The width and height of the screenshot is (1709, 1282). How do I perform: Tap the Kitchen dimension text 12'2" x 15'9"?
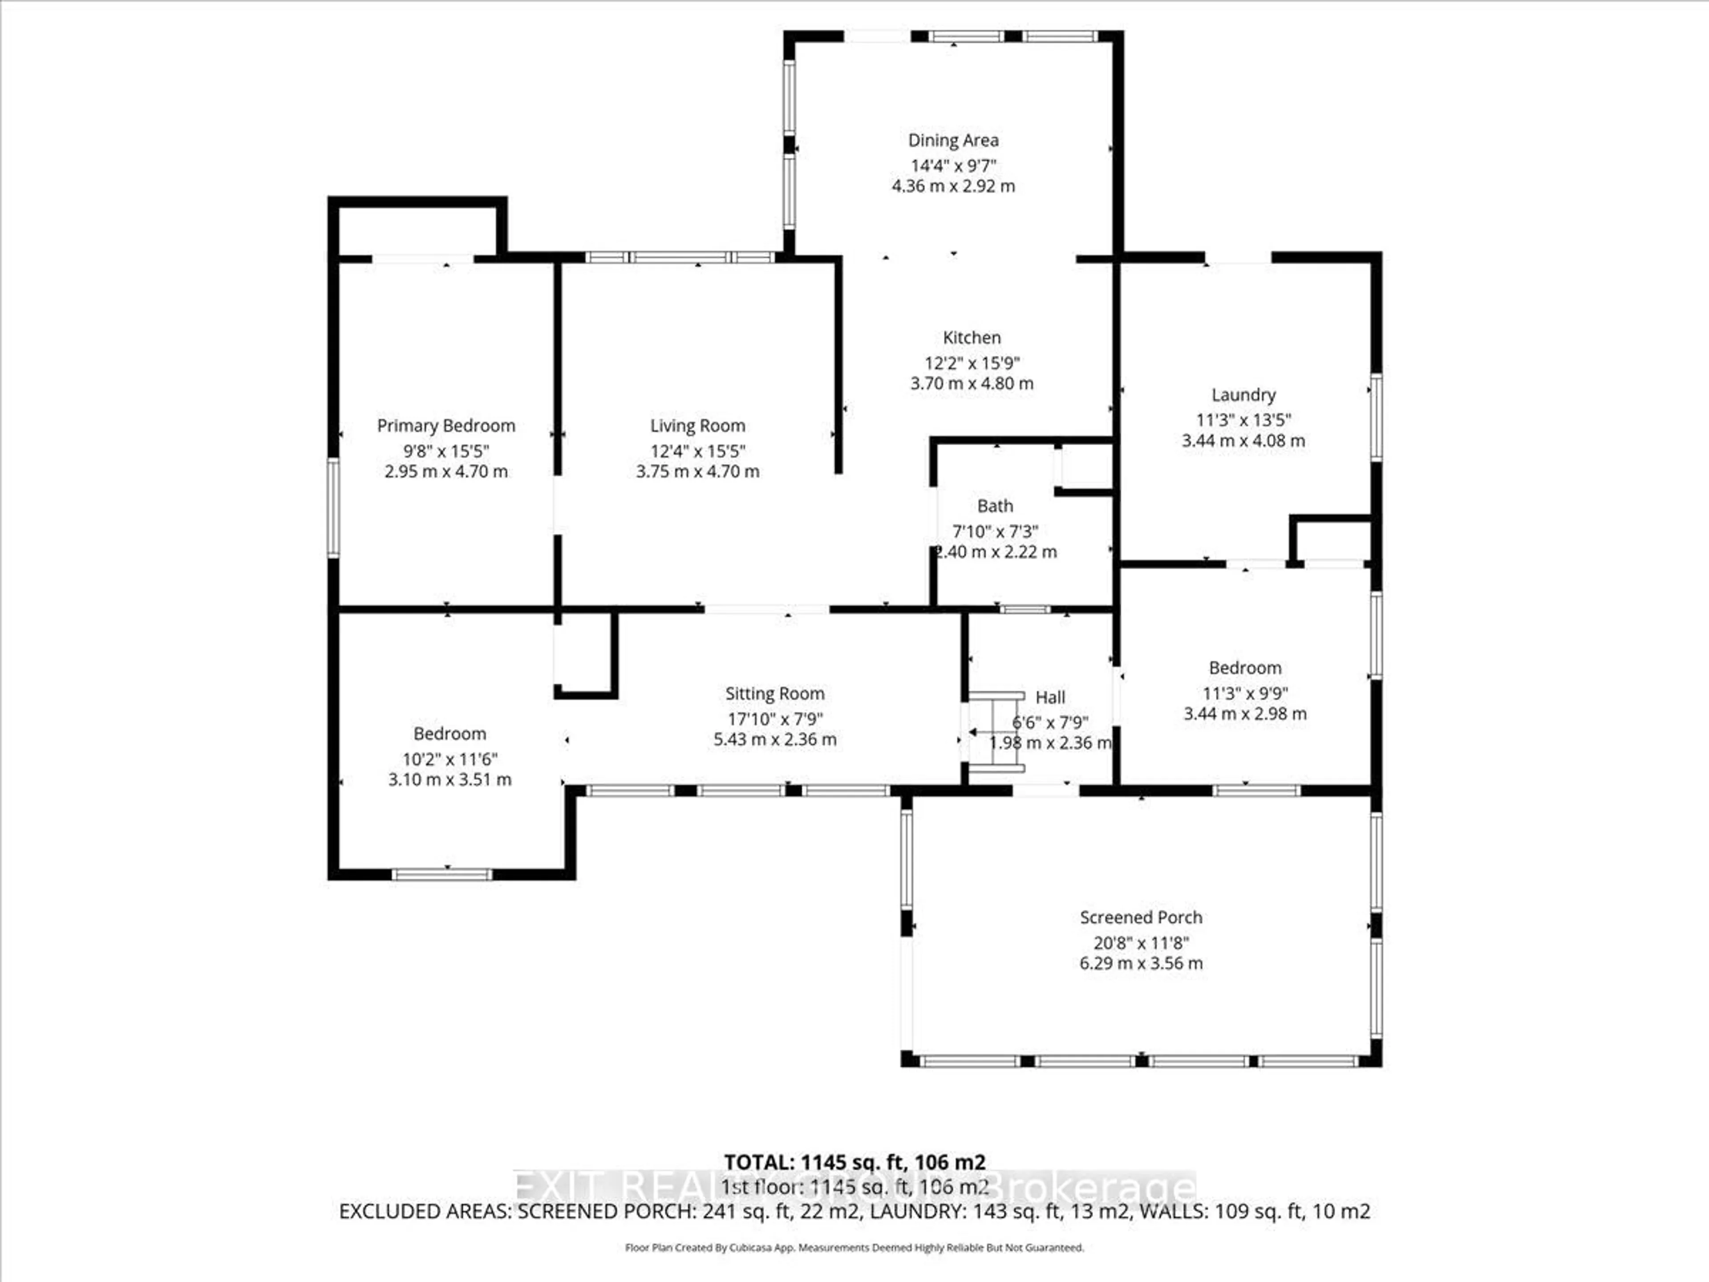pyautogui.click(x=972, y=362)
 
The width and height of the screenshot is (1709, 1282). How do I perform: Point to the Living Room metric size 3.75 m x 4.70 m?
pyautogui.click(x=698, y=471)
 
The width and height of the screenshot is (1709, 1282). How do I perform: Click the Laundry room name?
pyautogui.click(x=1243, y=395)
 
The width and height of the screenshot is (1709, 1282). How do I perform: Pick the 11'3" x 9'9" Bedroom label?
pyautogui.click(x=1245, y=668)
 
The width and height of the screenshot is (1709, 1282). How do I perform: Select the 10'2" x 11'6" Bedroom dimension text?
pyautogui.click(x=449, y=759)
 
